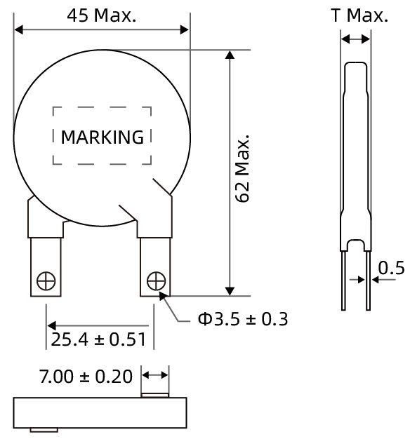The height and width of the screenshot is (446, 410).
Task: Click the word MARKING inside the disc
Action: tap(102, 137)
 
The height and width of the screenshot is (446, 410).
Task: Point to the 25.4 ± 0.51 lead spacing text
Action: tap(98, 340)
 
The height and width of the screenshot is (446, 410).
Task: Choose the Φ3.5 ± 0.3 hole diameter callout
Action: tap(242, 320)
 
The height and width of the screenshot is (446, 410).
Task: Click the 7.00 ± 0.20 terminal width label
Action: tap(85, 376)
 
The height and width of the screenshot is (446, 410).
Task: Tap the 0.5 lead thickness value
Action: tap(391, 269)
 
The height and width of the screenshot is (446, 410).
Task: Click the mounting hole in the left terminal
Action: tap(46, 281)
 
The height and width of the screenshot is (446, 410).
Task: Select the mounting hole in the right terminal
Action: tap(155, 281)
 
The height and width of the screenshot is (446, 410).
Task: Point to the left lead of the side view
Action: tap(344, 281)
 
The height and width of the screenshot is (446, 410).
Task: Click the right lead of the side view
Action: tap(366, 281)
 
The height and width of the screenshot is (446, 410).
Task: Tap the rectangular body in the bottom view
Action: tap(101, 412)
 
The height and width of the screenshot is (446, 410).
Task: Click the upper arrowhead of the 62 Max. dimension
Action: tap(228, 56)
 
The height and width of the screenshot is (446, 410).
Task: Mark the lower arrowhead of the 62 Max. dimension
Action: tap(228, 290)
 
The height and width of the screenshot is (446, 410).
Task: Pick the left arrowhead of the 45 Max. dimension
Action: tap(20, 29)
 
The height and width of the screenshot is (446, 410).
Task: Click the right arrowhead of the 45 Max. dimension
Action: tap(184, 29)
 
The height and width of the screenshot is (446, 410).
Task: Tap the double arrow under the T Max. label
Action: tap(355, 40)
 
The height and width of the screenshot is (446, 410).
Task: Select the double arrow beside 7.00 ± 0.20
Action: tap(155, 376)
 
